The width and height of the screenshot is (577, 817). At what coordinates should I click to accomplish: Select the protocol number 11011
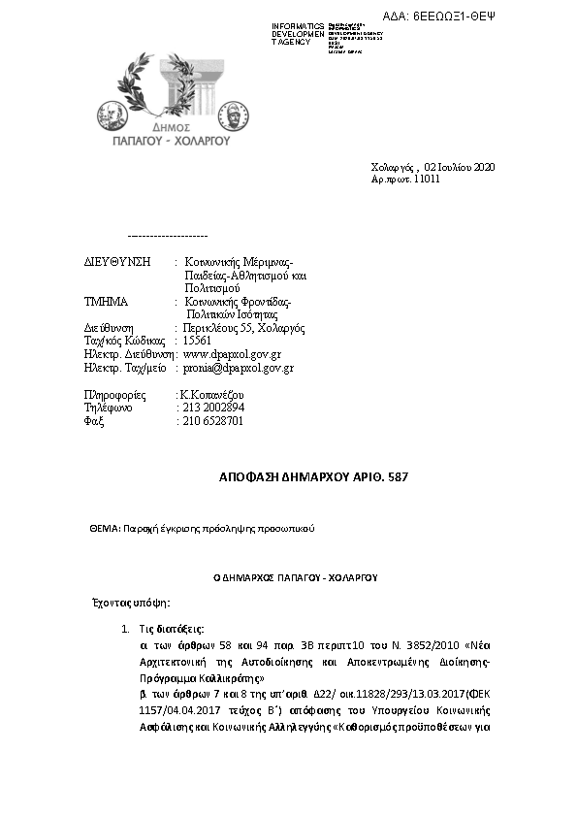click(427, 180)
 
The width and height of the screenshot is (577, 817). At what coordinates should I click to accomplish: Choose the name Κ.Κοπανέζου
click(211, 394)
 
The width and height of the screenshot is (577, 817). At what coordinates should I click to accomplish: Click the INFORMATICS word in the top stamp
click(298, 26)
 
